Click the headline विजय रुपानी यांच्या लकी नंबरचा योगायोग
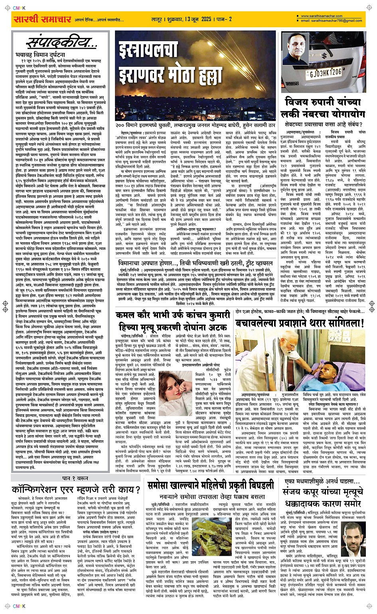tap(325, 108)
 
